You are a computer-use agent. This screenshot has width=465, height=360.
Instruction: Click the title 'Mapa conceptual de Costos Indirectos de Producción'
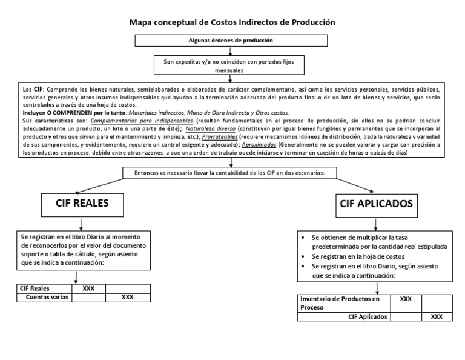[232, 22]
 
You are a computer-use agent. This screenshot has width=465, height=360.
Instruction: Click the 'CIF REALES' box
[82, 204]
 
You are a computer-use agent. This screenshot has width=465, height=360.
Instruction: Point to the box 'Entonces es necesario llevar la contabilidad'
[232, 173]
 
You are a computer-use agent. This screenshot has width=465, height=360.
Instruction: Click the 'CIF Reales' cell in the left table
[44, 288]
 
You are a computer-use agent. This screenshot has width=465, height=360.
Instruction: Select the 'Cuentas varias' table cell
[44, 298]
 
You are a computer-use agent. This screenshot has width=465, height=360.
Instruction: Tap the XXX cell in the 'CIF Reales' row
[88, 288]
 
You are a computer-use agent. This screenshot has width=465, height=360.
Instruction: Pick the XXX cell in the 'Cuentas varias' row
[127, 298]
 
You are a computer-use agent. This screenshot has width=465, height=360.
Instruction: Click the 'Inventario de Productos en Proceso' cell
[343, 303]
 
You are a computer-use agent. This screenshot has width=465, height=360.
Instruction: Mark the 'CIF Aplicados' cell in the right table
[343, 316]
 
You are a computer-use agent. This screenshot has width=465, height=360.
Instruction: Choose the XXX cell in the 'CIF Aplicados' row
[437, 316]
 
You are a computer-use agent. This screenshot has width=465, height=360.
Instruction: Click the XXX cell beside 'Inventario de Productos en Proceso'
[406, 299]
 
